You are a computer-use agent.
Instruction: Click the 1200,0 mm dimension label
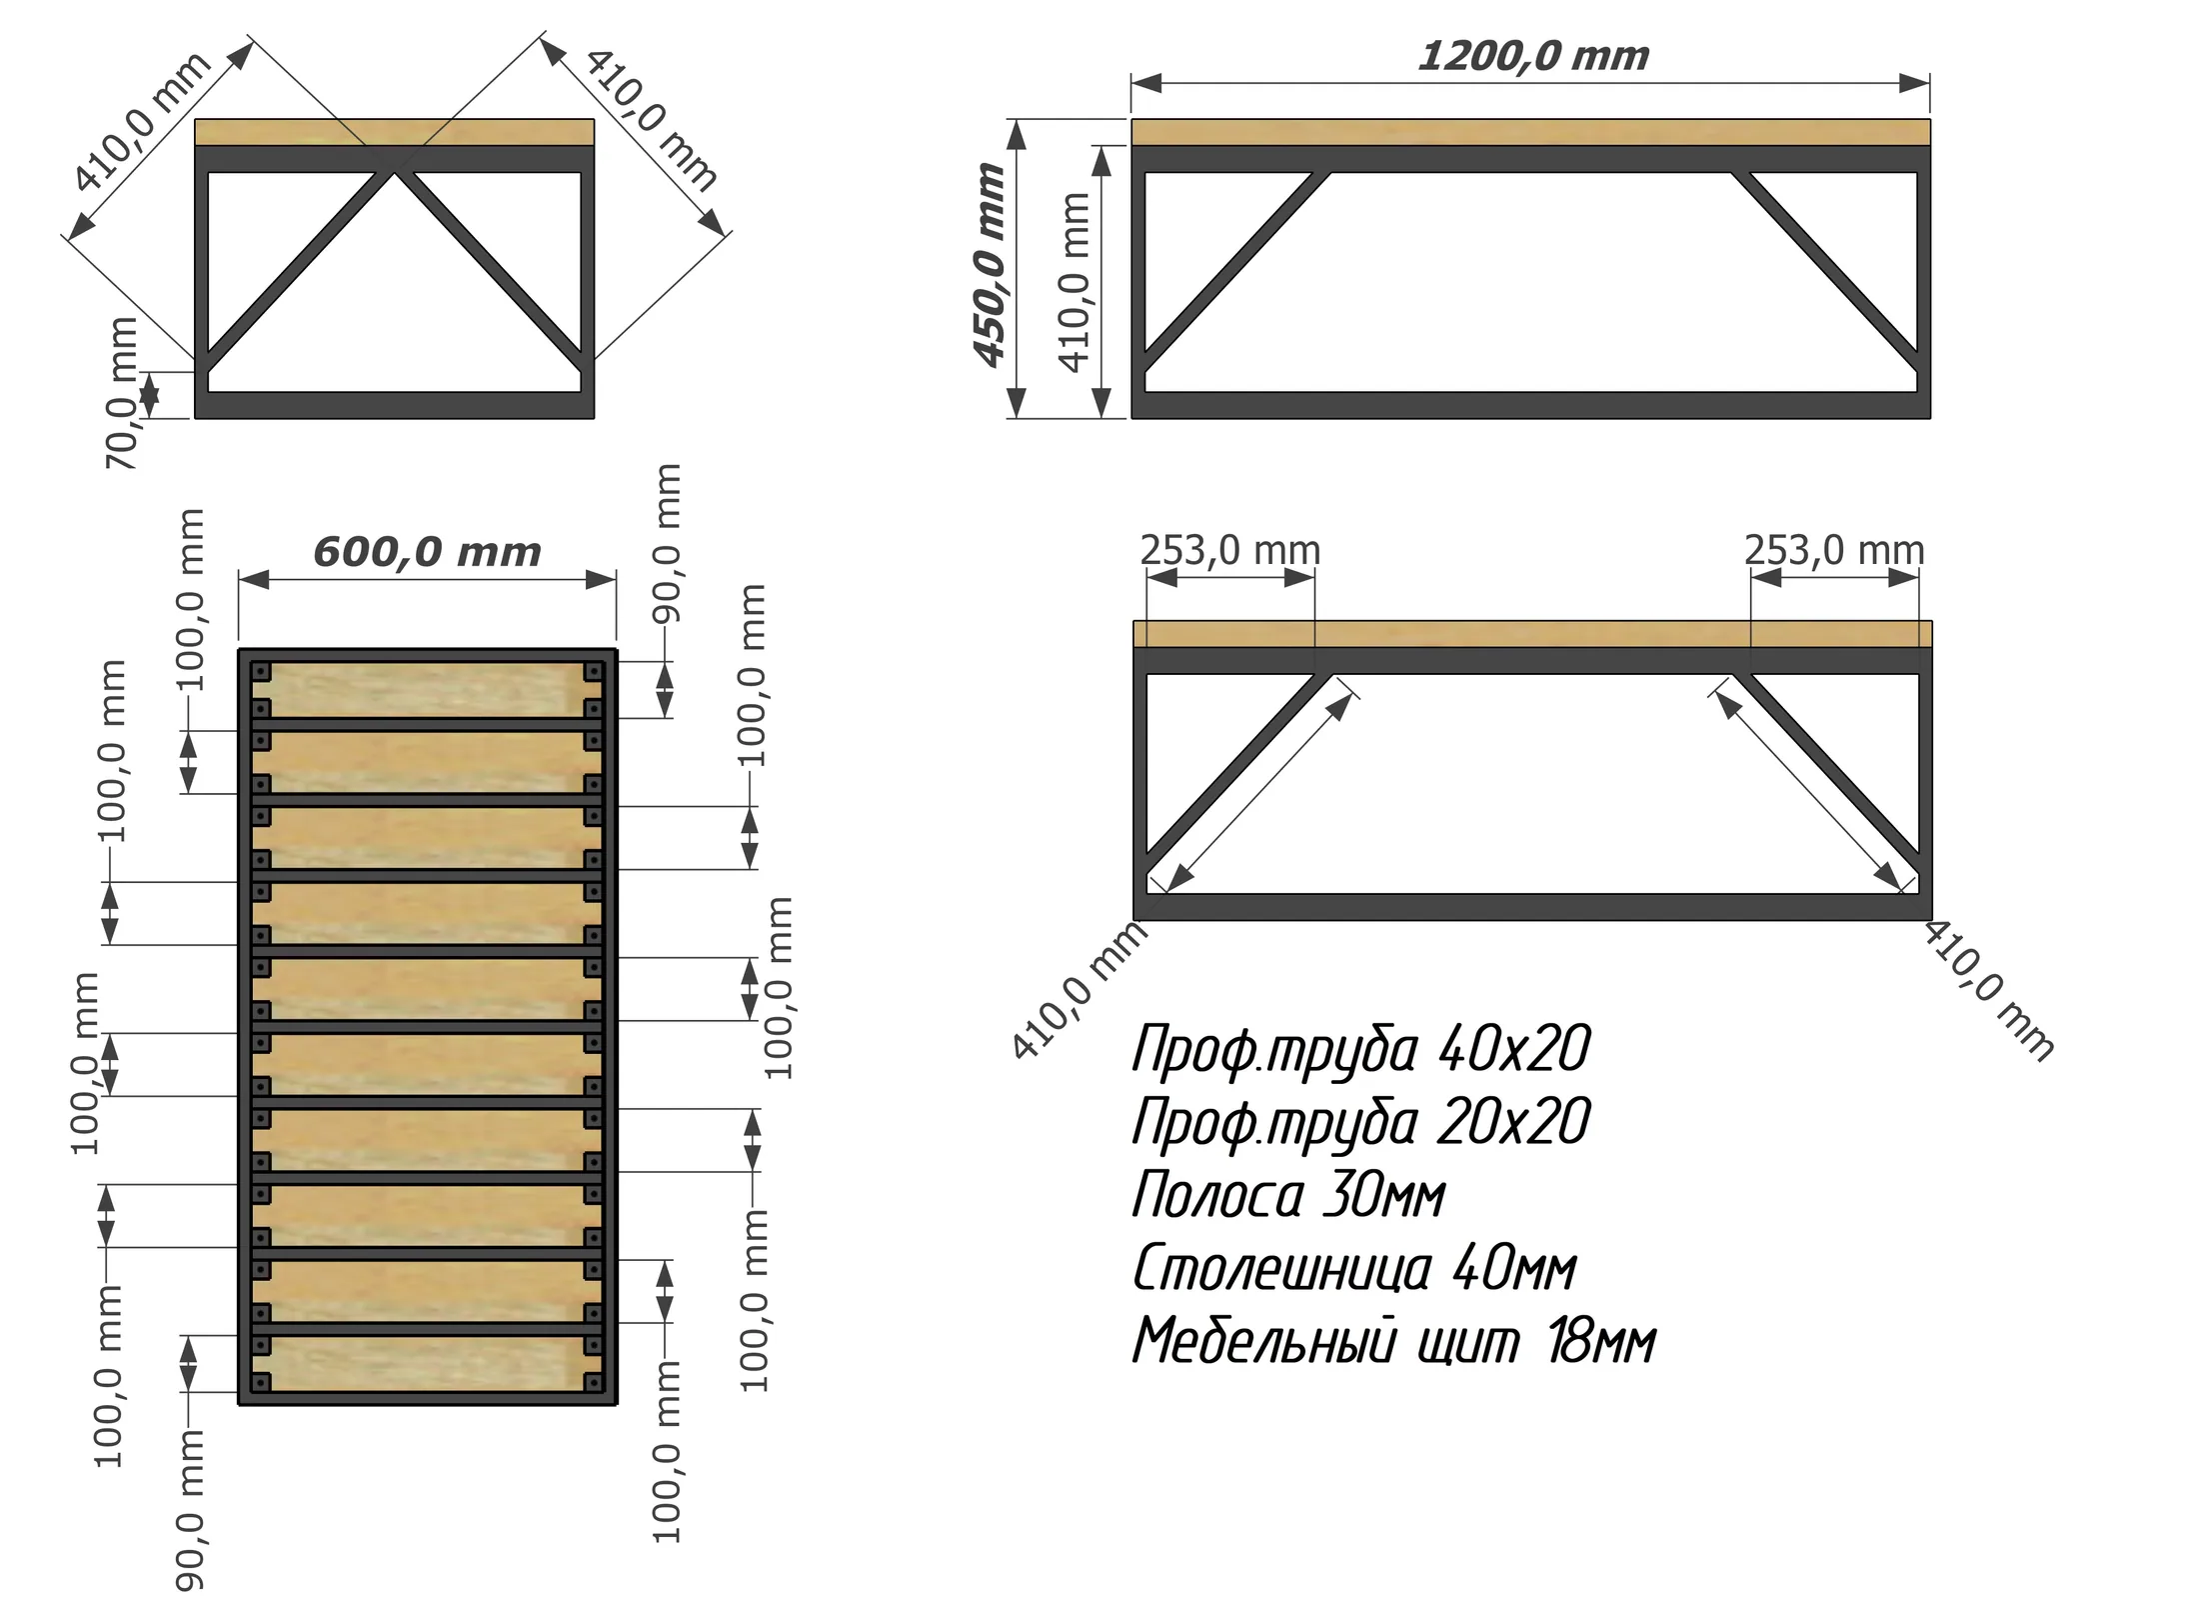pyautogui.click(x=1533, y=56)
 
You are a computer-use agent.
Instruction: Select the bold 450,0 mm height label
pyautogui.click(x=990, y=265)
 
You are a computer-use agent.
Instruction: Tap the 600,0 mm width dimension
pyautogui.click(x=427, y=552)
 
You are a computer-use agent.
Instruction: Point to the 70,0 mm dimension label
pyautogui.click(x=121, y=393)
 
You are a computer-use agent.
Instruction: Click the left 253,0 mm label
pyautogui.click(x=1230, y=550)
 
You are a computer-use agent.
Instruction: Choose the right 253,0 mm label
pyautogui.click(x=1834, y=550)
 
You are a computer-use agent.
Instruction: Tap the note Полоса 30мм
pyautogui.click(x=1288, y=1194)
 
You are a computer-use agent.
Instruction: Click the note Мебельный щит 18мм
pyautogui.click(x=1393, y=1341)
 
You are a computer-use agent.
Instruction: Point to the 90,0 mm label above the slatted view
pyautogui.click(x=667, y=543)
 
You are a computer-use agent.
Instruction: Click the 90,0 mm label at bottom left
pyautogui.click(x=189, y=1509)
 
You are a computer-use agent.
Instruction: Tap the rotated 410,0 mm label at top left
pyautogui.click(x=143, y=121)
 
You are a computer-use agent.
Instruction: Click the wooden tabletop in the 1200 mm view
pyautogui.click(x=1530, y=132)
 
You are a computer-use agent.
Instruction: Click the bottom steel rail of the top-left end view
pyautogui.click(x=394, y=405)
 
